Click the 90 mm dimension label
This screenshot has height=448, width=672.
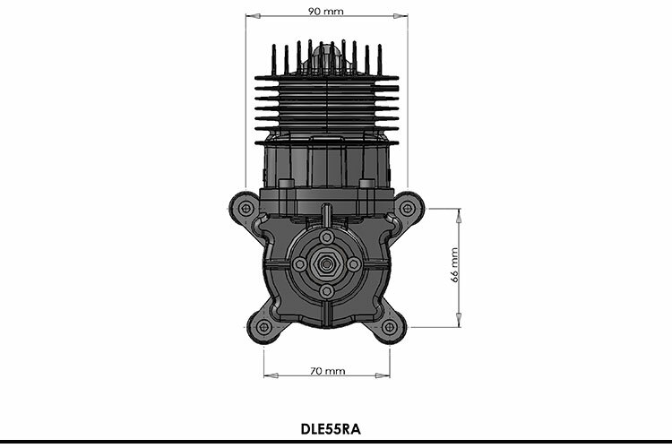326,12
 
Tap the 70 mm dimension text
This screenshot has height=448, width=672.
327,370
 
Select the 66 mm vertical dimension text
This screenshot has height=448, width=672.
454,265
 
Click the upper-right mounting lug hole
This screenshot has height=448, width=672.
408,208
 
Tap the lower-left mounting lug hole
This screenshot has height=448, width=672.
263,327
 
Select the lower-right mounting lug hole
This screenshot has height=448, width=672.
390,327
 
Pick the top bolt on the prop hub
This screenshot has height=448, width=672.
326,238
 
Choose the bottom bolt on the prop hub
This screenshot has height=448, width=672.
326,291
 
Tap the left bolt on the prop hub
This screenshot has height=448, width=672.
300,265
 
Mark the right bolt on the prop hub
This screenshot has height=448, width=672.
353,265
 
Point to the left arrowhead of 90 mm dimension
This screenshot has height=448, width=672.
250,16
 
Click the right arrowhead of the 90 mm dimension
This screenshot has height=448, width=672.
403,16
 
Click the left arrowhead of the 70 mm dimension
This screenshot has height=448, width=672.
268,375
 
